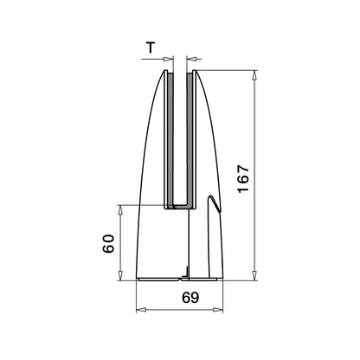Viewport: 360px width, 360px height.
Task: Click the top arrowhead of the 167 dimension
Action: point(255,74)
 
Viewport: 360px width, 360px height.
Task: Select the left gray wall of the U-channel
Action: point(170,138)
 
